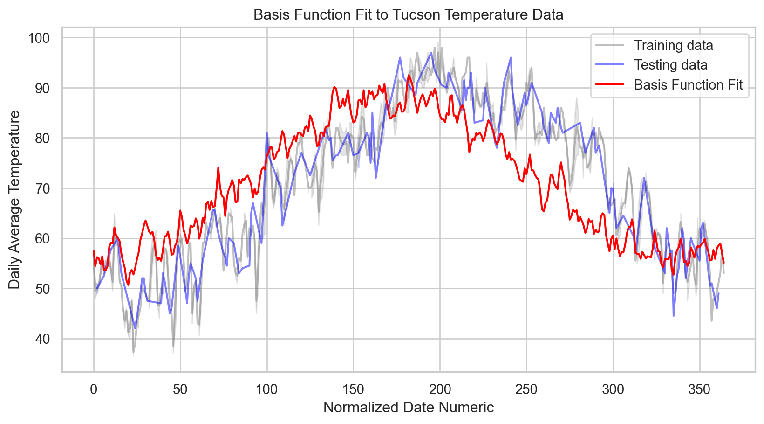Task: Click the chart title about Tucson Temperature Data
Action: click(x=408, y=15)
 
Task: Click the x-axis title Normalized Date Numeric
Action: click(x=408, y=407)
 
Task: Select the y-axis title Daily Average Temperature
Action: click(x=14, y=200)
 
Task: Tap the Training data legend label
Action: click(x=673, y=45)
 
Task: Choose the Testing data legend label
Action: click(x=670, y=65)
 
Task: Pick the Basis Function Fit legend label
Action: click(x=688, y=85)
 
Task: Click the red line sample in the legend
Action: click(x=610, y=85)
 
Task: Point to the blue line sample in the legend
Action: click(x=610, y=65)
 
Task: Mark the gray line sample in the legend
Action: click(x=610, y=45)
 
